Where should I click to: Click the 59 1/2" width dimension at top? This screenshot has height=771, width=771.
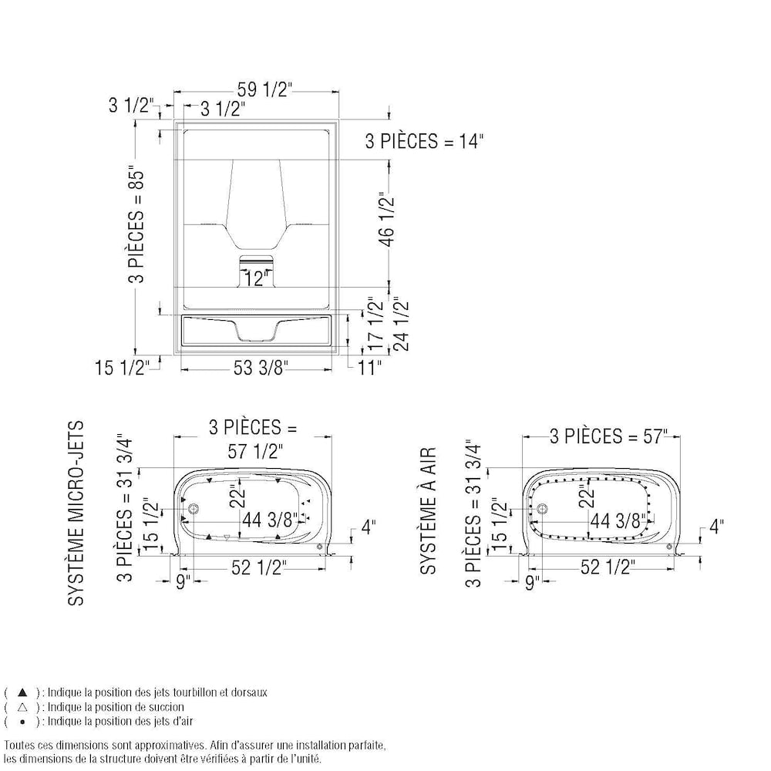[x=264, y=90]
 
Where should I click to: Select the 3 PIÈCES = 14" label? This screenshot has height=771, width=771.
[x=424, y=142]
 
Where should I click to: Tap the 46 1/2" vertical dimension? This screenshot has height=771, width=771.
[x=388, y=221]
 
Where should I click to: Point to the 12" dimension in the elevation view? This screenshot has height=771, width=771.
[x=255, y=279]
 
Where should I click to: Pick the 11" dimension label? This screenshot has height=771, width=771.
[x=369, y=367]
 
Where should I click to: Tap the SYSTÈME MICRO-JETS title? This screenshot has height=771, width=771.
[x=76, y=513]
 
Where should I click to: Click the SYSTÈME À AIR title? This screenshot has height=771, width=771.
[x=428, y=510]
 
